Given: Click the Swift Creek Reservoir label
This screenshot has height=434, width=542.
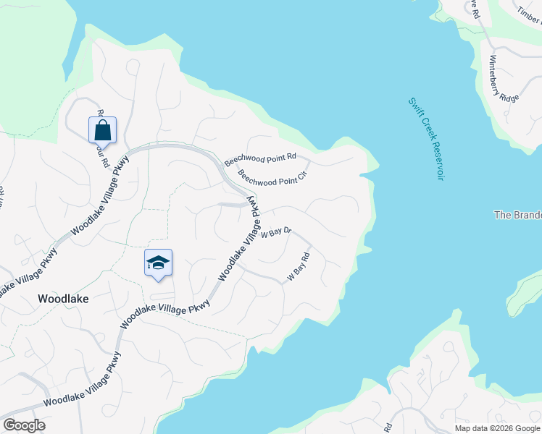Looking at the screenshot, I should pyautogui.click(x=425, y=140).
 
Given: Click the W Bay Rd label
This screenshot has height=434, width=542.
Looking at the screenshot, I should pyautogui.click(x=299, y=267).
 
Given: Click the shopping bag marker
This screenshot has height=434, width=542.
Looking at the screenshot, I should pyautogui.click(x=103, y=130).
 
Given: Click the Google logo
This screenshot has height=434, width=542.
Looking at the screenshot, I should pyautogui.click(x=23, y=425).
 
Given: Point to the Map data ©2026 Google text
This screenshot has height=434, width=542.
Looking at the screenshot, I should pyautogui.click(x=497, y=428).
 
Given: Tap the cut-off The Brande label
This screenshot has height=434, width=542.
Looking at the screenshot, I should pyautogui.click(x=517, y=215).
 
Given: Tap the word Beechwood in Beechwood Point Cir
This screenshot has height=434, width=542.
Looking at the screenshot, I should pyautogui.click(x=254, y=176).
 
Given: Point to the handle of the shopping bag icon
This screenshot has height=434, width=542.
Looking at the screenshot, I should pyautogui.click(x=103, y=124).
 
